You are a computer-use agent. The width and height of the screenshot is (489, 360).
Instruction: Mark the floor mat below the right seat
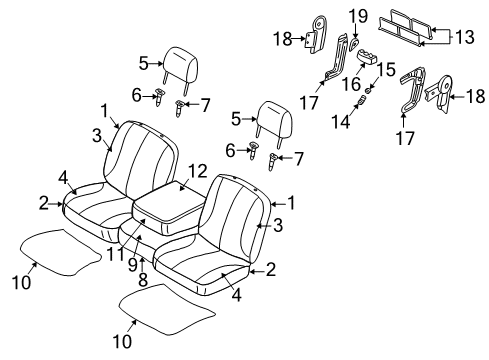165,320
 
